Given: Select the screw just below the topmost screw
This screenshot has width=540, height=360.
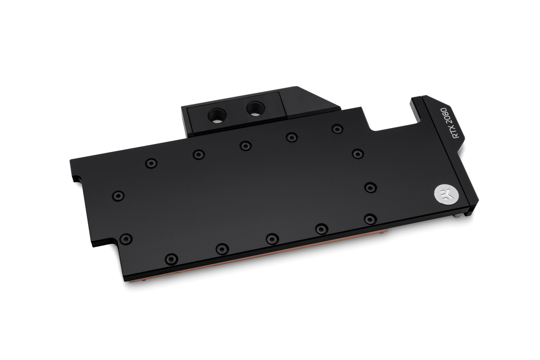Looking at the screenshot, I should pyautogui.click(x=357, y=154).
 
